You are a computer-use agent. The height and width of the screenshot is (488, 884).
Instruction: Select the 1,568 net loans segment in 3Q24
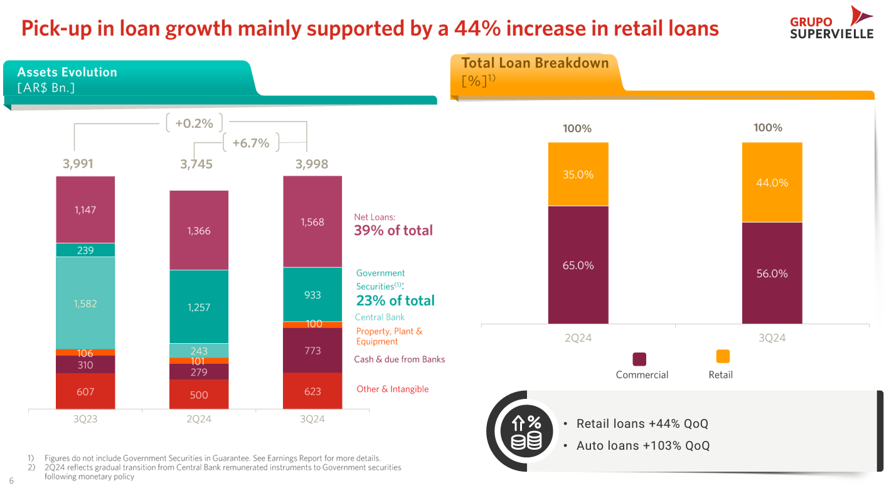(312, 221)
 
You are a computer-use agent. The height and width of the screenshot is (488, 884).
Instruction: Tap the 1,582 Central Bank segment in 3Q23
(85, 303)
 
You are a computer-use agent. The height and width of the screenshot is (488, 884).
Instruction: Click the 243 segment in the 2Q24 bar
(199, 351)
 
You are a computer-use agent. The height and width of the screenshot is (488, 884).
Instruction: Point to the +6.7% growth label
(251, 143)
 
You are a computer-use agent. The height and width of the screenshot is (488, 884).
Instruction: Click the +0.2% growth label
(194, 124)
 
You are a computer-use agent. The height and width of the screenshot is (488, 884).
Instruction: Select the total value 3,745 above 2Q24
(196, 164)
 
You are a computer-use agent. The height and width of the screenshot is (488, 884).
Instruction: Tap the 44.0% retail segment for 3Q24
(772, 183)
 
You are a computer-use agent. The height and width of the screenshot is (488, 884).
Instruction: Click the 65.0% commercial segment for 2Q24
(578, 265)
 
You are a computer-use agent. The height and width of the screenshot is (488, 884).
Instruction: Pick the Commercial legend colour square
(639, 359)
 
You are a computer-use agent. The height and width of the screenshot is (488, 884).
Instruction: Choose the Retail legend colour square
(723, 356)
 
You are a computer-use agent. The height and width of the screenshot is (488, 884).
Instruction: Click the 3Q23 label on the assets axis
(85, 419)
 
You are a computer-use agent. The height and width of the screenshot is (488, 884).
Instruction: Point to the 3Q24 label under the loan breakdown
(772, 338)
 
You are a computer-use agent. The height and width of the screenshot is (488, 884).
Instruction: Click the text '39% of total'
(393, 230)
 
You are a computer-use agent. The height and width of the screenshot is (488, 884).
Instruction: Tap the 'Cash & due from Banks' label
(399, 359)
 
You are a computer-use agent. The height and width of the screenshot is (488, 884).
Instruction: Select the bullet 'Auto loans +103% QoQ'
(643, 446)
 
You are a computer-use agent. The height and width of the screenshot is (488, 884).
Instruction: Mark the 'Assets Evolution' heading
(67, 72)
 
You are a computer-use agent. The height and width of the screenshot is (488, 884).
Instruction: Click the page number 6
(11, 481)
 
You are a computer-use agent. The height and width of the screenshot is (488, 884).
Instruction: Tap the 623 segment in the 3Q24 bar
(312, 391)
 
